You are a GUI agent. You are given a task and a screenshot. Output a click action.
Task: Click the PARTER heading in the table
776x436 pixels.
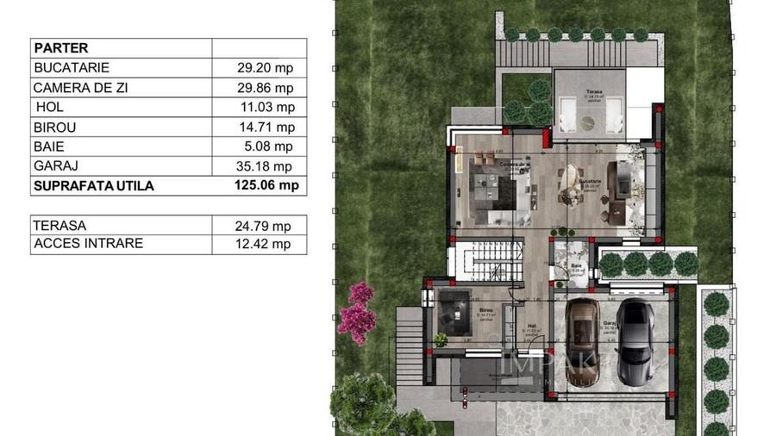click(x=59, y=48)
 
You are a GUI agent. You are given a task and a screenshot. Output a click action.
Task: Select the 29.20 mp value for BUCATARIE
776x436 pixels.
click(x=265, y=67)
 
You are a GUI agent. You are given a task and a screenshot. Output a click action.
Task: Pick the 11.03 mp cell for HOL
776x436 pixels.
click(x=266, y=108)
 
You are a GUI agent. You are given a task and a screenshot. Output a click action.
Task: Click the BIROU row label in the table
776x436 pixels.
click(x=56, y=128)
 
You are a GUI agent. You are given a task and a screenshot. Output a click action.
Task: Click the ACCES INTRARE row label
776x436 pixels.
click(x=88, y=244)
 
